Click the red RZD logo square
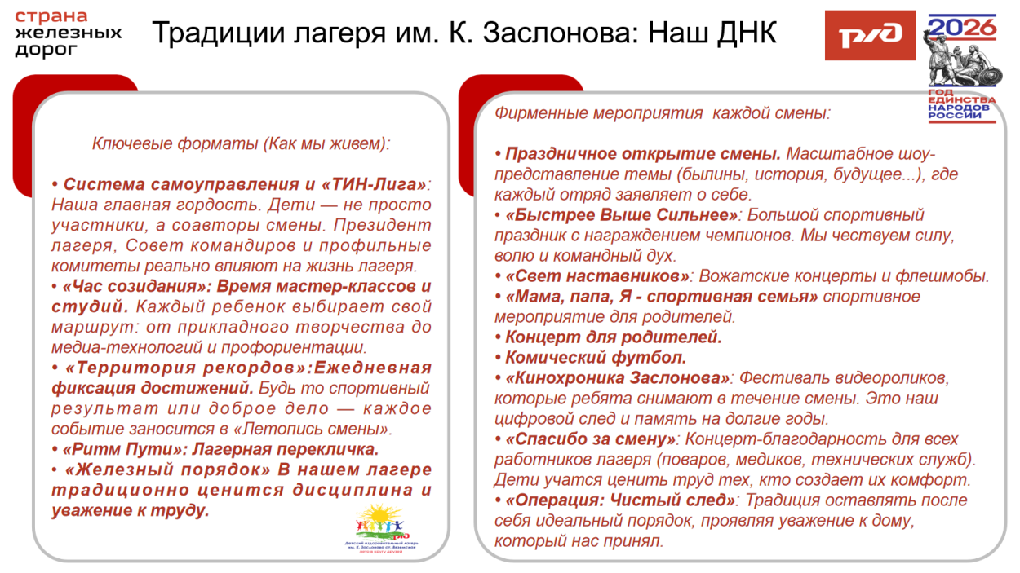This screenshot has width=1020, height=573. click(x=869, y=35)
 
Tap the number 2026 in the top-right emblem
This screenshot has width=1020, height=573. click(x=963, y=29)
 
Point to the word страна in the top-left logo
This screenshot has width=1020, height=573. click(x=51, y=16)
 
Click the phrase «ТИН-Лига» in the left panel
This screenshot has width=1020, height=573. click(x=378, y=184)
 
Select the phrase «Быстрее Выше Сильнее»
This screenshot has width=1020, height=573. click(x=622, y=215)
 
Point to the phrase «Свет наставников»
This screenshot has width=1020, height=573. click(x=598, y=276)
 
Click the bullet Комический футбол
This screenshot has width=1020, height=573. click(x=596, y=358)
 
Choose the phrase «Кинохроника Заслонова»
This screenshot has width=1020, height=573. click(x=618, y=378)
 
